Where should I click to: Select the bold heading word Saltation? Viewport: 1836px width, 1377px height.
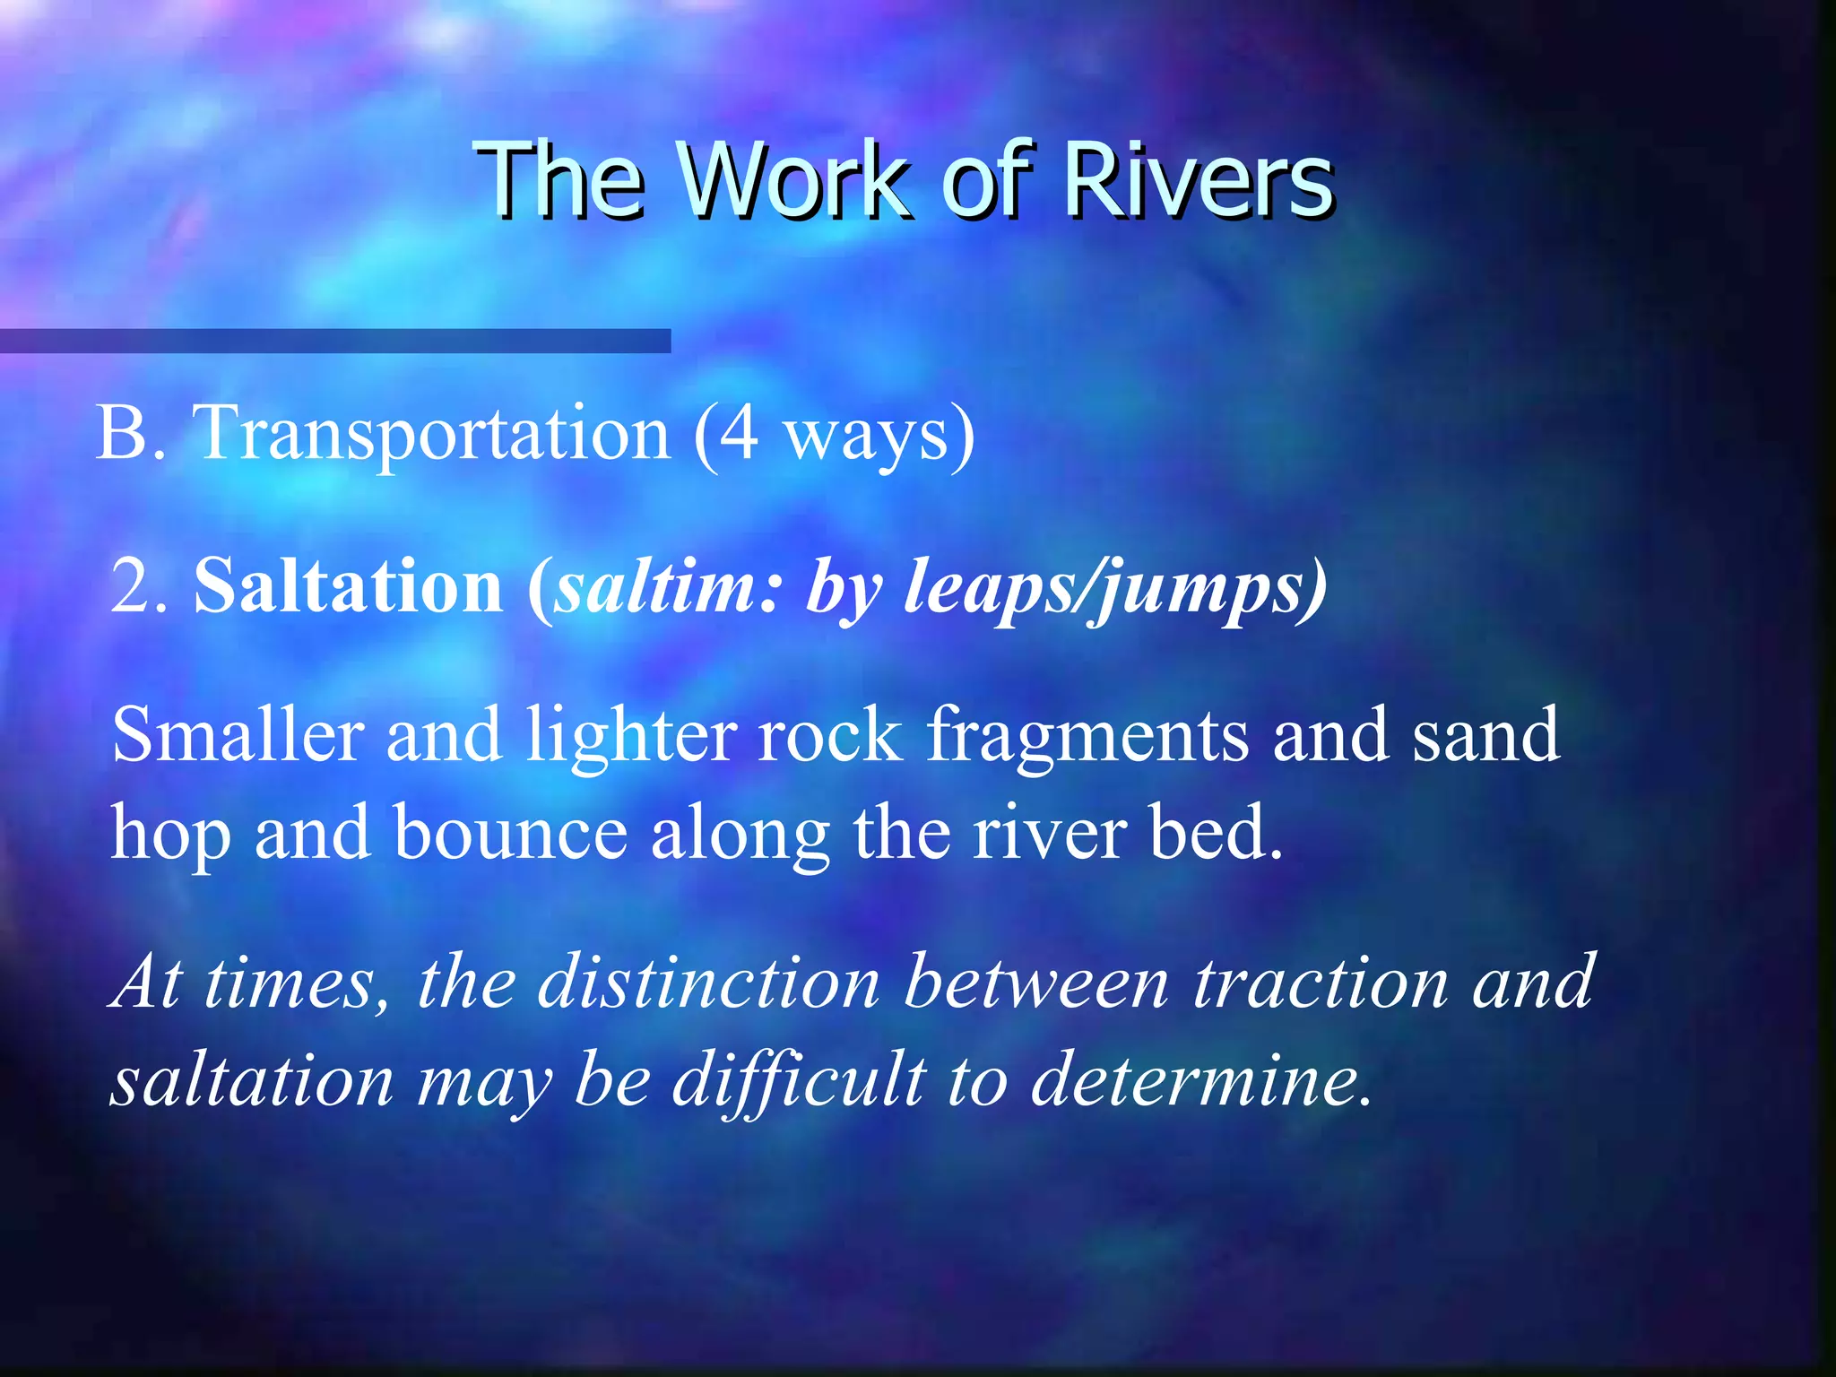[x=349, y=587]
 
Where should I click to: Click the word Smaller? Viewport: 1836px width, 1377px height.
[x=238, y=735]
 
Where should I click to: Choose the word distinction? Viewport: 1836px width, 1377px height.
[x=708, y=983]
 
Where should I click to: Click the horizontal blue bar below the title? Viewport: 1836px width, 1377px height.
[x=334, y=341]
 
